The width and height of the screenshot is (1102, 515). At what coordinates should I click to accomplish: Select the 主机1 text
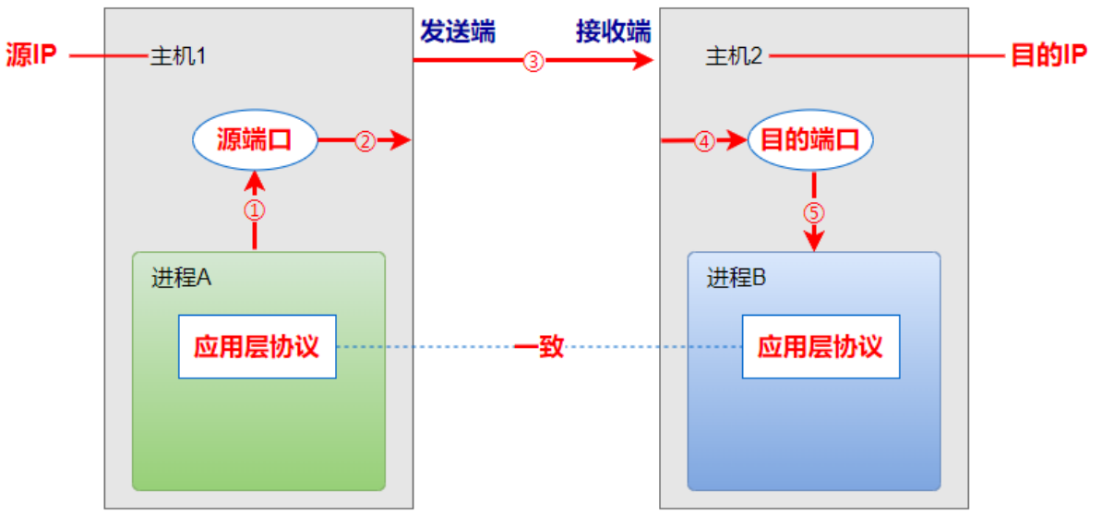point(177,57)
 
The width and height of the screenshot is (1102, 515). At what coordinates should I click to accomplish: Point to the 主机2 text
point(735,57)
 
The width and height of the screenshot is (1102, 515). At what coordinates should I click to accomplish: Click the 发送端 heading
point(458,32)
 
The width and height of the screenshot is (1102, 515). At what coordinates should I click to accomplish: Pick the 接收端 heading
point(614,32)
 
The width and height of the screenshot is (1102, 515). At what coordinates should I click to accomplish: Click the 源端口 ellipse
point(254,141)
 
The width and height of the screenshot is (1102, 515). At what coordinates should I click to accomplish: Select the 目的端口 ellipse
point(809,141)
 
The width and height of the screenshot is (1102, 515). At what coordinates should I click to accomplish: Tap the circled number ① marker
point(254,210)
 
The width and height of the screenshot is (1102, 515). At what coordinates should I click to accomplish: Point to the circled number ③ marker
point(533,62)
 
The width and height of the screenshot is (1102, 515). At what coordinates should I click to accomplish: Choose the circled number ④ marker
point(704,142)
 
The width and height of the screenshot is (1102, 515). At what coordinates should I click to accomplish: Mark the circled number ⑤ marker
point(813,212)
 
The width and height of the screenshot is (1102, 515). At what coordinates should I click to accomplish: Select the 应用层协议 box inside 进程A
point(257,346)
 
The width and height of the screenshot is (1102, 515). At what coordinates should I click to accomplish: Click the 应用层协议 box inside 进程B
point(821,346)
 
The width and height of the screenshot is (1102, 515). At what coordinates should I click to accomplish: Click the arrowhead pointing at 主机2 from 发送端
point(644,62)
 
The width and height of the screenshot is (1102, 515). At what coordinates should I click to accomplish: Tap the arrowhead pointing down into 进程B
point(813,241)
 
